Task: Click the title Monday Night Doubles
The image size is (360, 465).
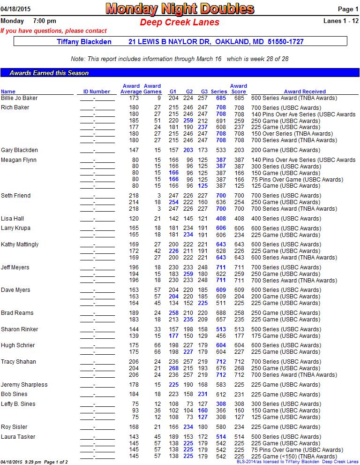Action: coord(180,9)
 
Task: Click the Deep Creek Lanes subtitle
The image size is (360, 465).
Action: coord(180,22)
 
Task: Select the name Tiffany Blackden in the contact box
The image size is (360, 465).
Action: coord(84,42)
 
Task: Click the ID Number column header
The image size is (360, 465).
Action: coord(97,91)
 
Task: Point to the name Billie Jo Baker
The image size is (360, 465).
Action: coord(19,98)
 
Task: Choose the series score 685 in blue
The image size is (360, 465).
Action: coord(221,98)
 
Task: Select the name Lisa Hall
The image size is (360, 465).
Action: coord(12,219)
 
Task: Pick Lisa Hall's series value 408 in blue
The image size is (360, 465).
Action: coord(221,219)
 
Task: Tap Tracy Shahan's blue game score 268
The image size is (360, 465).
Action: coord(173,368)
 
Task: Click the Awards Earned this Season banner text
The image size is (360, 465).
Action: coord(49,73)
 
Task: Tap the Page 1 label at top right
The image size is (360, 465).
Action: coord(348,9)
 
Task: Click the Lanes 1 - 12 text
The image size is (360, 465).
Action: coord(341,21)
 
